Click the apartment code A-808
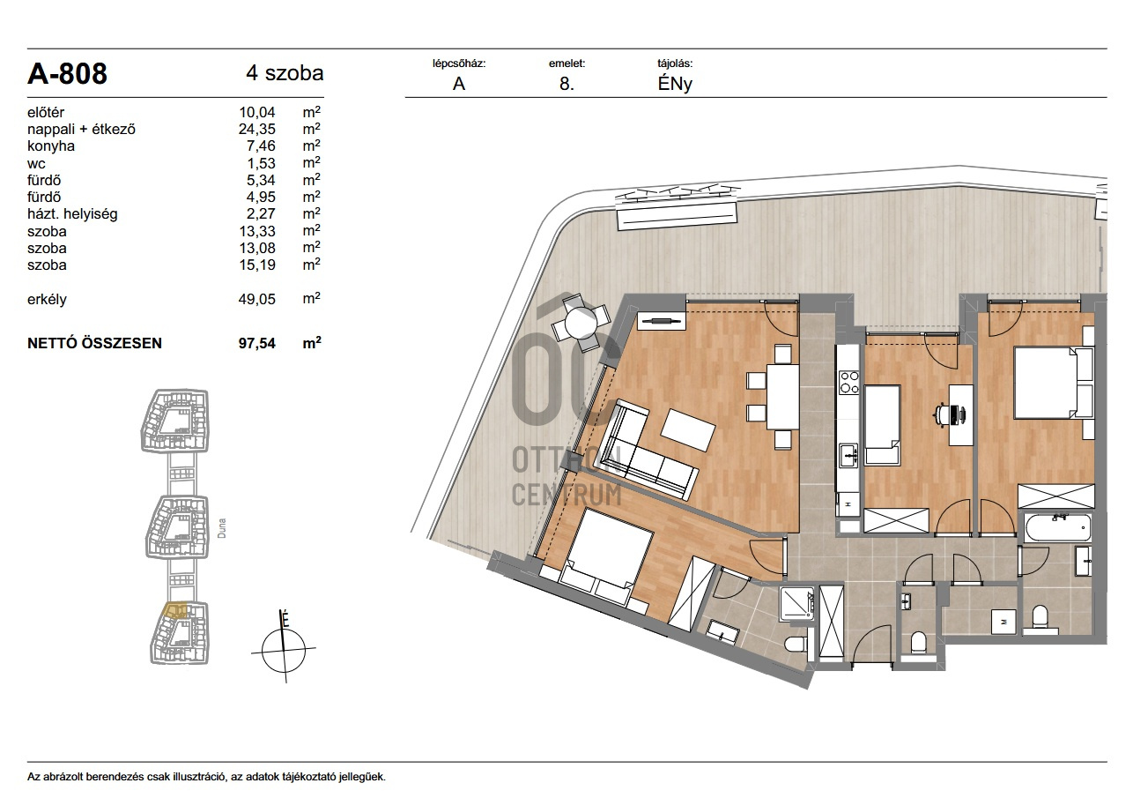click(67, 74)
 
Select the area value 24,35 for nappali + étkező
click(257, 129)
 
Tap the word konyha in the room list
click(51, 145)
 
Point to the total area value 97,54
click(257, 343)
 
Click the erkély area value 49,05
click(257, 299)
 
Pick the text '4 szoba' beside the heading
click(285, 73)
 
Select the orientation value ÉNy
click(675, 84)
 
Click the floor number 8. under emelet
click(566, 84)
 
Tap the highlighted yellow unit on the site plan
click(175, 610)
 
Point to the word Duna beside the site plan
click(221, 527)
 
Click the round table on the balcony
click(581, 322)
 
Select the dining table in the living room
click(783, 397)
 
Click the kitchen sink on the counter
click(848, 455)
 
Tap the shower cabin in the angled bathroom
click(797, 603)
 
